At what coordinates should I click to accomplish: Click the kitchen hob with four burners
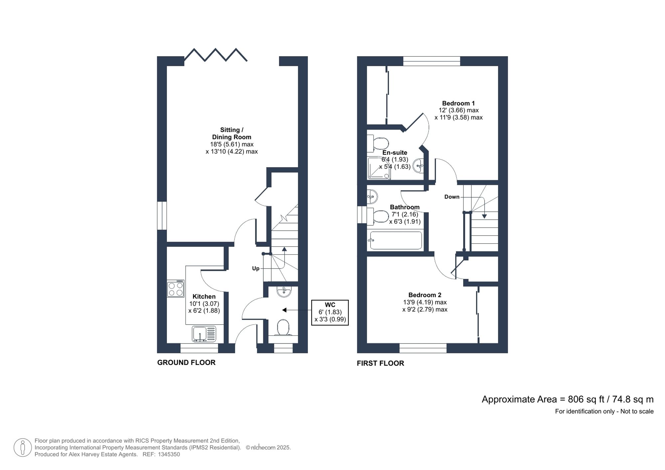pyautogui.click(x=176, y=289)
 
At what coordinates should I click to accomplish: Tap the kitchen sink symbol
pyautogui.click(x=204, y=334)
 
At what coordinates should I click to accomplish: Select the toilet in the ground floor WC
pyautogui.click(x=283, y=328)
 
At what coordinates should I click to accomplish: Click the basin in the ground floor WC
pyautogui.click(x=284, y=291)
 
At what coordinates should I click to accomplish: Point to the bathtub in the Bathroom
pyautogui.click(x=396, y=240)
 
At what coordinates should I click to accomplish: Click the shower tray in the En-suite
pyautogui.click(x=379, y=169)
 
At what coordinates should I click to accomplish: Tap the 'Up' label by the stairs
pyautogui.click(x=255, y=268)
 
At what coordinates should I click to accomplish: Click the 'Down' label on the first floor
pyautogui.click(x=452, y=197)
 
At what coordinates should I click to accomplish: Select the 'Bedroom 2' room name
pyautogui.click(x=425, y=295)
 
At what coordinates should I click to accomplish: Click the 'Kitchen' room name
pyautogui.click(x=204, y=296)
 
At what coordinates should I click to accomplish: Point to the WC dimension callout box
pyautogui.click(x=330, y=312)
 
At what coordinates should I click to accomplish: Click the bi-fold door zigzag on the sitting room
pyautogui.click(x=215, y=55)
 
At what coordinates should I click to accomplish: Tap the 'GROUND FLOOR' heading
pyautogui.click(x=186, y=363)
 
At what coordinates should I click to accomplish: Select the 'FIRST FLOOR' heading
pyautogui.click(x=380, y=363)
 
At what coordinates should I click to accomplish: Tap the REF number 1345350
pyautogui.click(x=169, y=454)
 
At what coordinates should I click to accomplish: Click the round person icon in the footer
pyautogui.click(x=23, y=447)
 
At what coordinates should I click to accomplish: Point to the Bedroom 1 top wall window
pyautogui.click(x=432, y=61)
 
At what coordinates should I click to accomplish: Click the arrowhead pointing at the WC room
pyautogui.click(x=284, y=310)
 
